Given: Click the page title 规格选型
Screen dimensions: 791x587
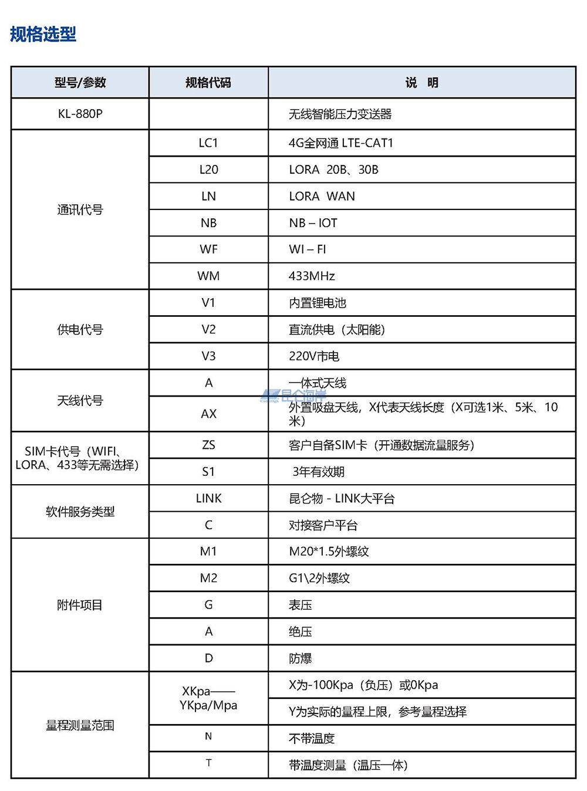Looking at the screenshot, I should pos(43,34).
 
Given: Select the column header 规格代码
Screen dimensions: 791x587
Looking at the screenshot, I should pos(208,83).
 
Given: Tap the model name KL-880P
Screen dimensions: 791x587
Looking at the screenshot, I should pos(80,114).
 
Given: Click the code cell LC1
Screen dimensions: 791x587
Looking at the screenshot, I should pos(208,143).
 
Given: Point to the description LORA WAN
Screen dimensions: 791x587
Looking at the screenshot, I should pos(322,197).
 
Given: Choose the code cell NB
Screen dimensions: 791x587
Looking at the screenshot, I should pos(208,223).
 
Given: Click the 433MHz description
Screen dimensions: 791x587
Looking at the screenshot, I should pos(312,276).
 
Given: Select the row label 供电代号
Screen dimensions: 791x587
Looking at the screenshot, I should pos(80,330).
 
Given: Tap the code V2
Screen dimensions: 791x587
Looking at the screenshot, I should pos(208,330).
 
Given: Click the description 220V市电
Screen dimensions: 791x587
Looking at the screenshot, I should pos(313,356).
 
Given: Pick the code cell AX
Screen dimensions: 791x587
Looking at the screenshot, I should pos(208,414).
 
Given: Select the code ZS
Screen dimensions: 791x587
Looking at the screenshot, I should pos(208,445).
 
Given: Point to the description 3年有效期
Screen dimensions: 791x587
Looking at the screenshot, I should pos(318,472).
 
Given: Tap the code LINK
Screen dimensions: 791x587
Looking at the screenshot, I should pos(208,499).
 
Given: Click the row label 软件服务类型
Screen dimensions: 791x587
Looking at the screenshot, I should pos(80,512).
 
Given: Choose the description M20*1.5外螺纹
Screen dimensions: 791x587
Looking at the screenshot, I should pos(329,552).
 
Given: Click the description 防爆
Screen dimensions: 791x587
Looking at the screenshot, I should pos(300,658).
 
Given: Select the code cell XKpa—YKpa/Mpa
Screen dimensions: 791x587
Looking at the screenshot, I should pos(208,698).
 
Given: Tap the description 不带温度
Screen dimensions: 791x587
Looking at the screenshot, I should pos(311,739).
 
